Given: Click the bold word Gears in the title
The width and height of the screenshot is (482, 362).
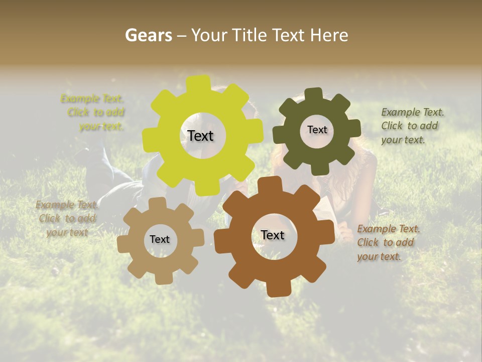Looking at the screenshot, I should pos(148,36).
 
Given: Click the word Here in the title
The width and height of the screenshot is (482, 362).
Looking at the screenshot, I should pos(329,36).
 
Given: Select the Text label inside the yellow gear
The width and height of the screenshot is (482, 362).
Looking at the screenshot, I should pos(200,136).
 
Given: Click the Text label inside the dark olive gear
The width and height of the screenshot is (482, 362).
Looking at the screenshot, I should pos(317,130).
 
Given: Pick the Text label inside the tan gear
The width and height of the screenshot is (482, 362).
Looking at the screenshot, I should pos(160,239).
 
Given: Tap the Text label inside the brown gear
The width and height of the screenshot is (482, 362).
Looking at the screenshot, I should pos(273,235).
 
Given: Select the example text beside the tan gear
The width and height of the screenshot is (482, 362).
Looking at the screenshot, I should pos(67,219).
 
